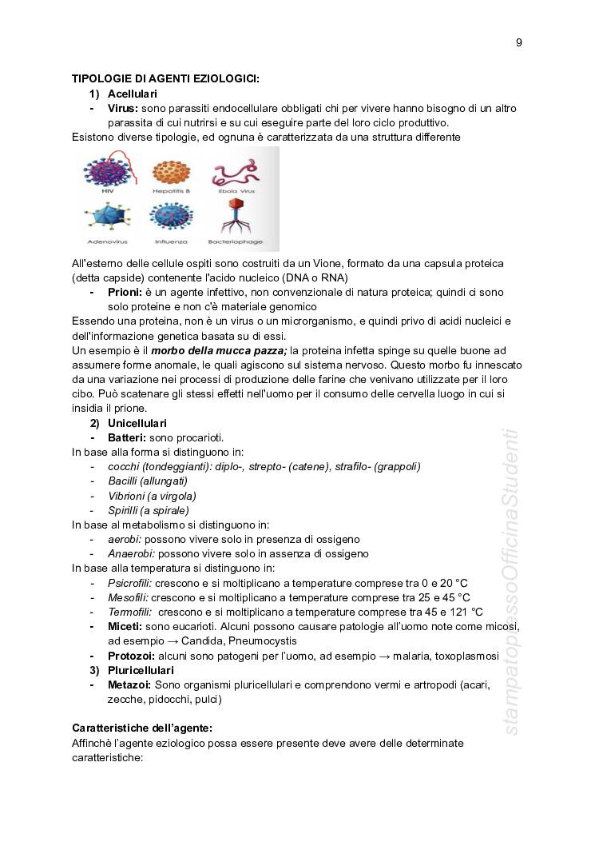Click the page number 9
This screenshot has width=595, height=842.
point(518,42)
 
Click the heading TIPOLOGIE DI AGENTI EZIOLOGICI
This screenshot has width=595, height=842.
point(165,78)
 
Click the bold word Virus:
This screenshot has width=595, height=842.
point(123,108)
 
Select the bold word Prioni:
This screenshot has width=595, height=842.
point(125,293)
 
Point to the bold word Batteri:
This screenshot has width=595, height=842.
point(127,437)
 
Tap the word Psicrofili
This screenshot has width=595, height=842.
point(129,583)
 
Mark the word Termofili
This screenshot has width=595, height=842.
point(129,612)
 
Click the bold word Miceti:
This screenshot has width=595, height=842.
point(125,626)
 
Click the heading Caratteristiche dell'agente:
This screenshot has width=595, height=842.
point(142,728)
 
